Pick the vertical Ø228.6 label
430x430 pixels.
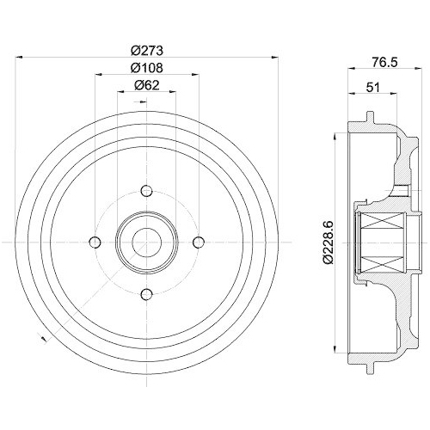pyautogui.click(x=323, y=240)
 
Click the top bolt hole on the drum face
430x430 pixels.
pyautogui.click(x=146, y=190)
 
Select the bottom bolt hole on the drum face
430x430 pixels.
pyautogui.click(x=146, y=294)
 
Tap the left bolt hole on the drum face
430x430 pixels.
pyautogui.click(x=95, y=242)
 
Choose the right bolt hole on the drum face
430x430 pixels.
pyautogui.click(x=199, y=242)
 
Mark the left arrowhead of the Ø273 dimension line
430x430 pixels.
pyautogui.click(x=19, y=57)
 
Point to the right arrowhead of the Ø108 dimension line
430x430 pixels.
pyautogui.click(x=196, y=75)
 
